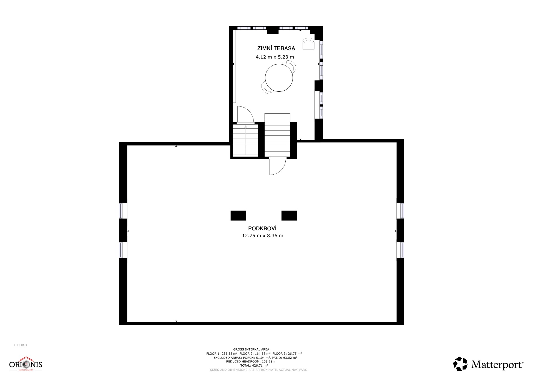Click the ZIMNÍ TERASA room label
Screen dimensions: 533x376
click(x=276, y=48)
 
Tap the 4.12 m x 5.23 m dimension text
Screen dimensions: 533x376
click(x=275, y=57)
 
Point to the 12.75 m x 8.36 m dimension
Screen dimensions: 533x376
click(x=263, y=236)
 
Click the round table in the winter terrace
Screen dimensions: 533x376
click(x=279, y=78)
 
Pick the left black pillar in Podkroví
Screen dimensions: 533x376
click(x=238, y=216)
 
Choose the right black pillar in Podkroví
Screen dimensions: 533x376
click(x=289, y=216)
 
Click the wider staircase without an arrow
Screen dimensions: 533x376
click(x=277, y=135)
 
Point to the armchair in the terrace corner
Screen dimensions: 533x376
click(x=308, y=44)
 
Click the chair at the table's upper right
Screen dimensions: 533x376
click(x=290, y=66)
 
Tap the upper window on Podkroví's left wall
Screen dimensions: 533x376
click(x=121, y=211)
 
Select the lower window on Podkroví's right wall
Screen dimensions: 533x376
click(x=402, y=250)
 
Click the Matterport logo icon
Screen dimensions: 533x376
click(x=460, y=364)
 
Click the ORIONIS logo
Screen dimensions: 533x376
click(x=26, y=364)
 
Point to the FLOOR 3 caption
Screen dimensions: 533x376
click(x=21, y=345)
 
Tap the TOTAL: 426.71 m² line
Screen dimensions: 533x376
click(x=254, y=365)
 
